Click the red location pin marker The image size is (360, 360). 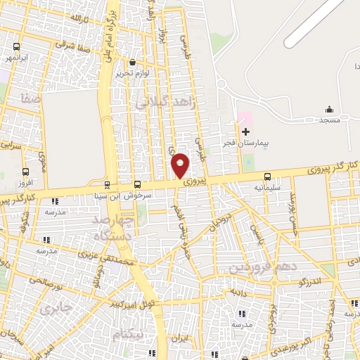point(180,165)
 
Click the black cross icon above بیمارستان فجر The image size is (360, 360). point(245,131)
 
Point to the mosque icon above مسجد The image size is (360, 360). point(328,109)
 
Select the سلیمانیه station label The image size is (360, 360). point(267,188)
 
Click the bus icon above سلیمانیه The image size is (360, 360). point(267,177)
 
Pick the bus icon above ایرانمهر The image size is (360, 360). point(15,46)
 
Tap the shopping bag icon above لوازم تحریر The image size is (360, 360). point(131,61)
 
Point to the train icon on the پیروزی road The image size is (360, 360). point(107,186)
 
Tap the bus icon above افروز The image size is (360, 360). point(26,172)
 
